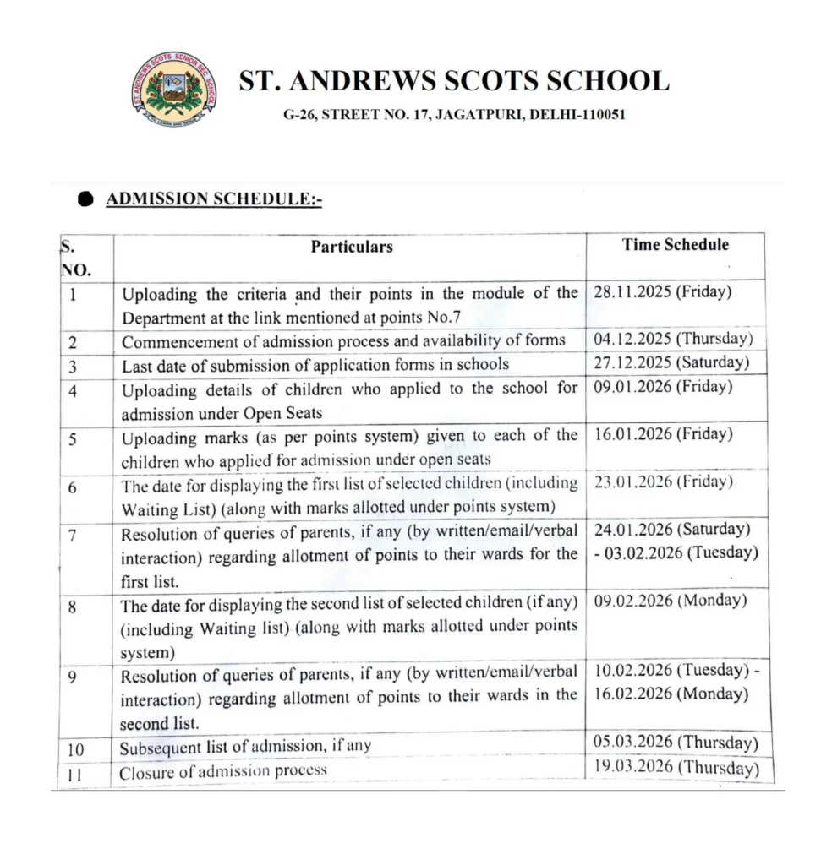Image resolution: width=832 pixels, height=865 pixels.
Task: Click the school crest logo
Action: (173, 90)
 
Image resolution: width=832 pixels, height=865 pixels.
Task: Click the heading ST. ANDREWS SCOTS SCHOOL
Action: (453, 81)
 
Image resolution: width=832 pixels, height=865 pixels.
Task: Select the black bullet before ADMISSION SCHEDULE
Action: (85, 199)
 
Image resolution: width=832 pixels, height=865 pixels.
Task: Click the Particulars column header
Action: (351, 247)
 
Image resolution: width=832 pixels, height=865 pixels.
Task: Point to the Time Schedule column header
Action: (675, 245)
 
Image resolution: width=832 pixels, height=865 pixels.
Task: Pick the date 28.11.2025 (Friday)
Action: (657, 292)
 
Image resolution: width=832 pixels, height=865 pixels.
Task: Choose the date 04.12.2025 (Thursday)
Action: (667, 339)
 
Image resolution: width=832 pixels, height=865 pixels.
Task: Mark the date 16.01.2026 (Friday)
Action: (657, 433)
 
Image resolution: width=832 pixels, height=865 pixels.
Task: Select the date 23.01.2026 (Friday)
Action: (657, 481)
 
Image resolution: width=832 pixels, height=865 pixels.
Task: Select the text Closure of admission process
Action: (222, 771)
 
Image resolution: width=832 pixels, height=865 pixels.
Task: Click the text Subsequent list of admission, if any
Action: (245, 748)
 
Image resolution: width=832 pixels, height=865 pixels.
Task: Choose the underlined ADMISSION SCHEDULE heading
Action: (214, 199)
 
